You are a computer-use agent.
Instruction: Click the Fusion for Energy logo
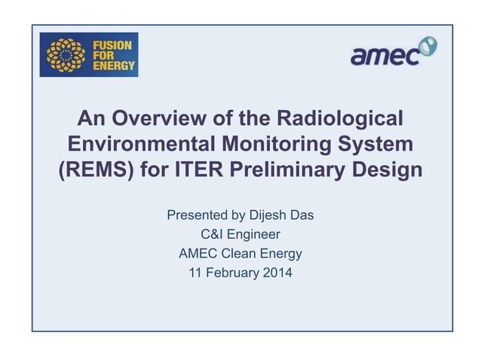tap(89, 55)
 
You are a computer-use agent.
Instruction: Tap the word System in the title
tap(378, 144)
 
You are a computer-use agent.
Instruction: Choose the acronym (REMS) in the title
tap(97, 169)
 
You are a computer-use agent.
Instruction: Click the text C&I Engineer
tap(240, 234)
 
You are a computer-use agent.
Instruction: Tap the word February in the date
tap(229, 272)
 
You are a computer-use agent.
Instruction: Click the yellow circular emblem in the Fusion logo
tap(66, 55)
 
